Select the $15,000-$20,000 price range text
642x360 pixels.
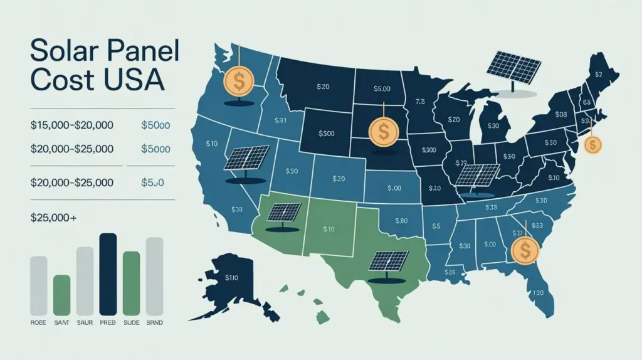[x=71, y=125]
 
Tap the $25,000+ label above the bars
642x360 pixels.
[x=53, y=218]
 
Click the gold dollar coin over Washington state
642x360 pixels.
[x=239, y=82]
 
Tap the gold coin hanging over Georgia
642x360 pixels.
[x=525, y=250]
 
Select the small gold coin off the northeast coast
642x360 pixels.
[x=592, y=146]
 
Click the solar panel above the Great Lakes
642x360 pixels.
[x=514, y=66]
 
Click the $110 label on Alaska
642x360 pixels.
[x=231, y=277]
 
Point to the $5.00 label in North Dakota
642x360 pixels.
[x=381, y=89]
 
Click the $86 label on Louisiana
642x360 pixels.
[x=450, y=272]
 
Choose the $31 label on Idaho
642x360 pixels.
[x=280, y=120]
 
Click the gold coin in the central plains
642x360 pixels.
[x=381, y=132]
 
